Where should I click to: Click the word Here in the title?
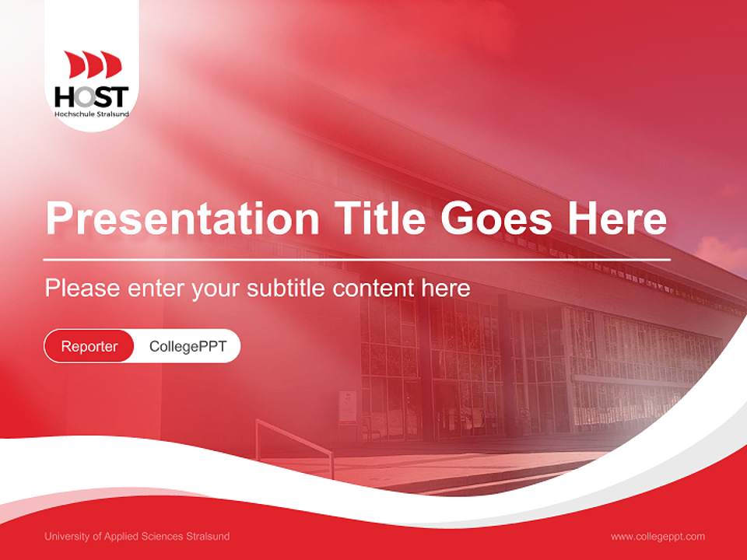click(x=617, y=219)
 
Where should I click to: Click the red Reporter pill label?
click(x=89, y=346)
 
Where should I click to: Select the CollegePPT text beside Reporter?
click(x=188, y=346)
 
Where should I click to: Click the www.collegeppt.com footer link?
click(x=658, y=537)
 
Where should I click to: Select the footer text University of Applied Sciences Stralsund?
click(x=137, y=537)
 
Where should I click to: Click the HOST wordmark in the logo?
click(x=92, y=96)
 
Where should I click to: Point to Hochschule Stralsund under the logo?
click(x=92, y=114)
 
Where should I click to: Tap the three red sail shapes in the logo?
click(x=93, y=65)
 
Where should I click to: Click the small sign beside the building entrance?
click(x=348, y=405)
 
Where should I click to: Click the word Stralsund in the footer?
click(x=209, y=537)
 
